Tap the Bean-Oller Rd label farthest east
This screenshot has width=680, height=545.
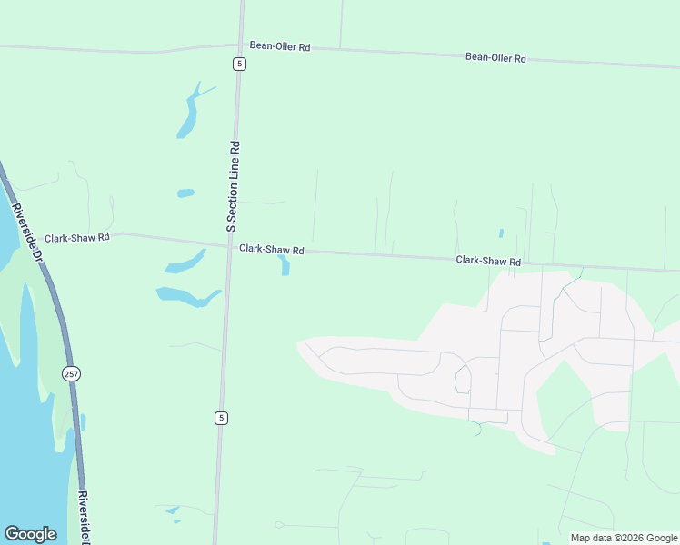tap(495, 57)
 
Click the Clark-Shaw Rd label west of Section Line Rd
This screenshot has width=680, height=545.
tap(77, 237)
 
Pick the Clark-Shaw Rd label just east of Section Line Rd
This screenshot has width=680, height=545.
tap(271, 249)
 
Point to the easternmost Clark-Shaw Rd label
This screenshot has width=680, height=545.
tap(488, 261)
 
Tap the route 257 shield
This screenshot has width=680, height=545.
tap(70, 373)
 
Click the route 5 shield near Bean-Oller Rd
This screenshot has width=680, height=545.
tap(237, 63)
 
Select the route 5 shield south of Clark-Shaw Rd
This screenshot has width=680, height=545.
tap(221, 418)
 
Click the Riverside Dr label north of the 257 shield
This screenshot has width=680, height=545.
tap(27, 233)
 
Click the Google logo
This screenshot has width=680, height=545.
tap(30, 534)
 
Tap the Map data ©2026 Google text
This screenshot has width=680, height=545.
tap(624, 538)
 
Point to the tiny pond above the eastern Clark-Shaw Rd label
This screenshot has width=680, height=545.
tap(501, 233)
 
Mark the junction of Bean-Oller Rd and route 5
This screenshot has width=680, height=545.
tap(241, 44)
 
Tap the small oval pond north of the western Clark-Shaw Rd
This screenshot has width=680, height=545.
tap(185, 193)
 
